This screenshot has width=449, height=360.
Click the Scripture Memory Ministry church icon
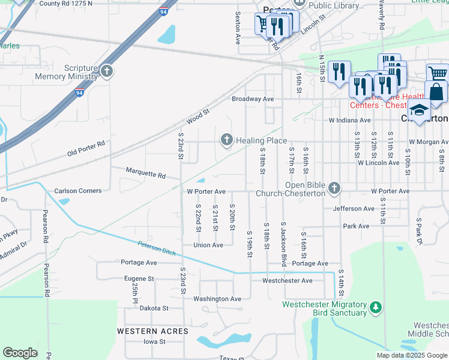[107, 72]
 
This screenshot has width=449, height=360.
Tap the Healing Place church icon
[227, 140]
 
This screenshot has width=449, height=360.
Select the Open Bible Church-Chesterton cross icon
[334, 189]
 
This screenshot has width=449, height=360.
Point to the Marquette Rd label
[145, 173]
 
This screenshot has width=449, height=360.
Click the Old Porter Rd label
[86, 148]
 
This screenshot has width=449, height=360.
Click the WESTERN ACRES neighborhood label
[152, 331]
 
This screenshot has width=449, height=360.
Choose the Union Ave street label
[208, 245]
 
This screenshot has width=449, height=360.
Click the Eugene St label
[139, 278]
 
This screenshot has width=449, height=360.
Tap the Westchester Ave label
[288, 280]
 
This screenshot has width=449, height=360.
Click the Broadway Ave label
[253, 98]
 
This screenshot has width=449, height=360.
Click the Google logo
[20, 352]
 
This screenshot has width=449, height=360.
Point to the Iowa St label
[154, 341]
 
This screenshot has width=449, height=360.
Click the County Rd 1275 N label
[65, 3]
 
